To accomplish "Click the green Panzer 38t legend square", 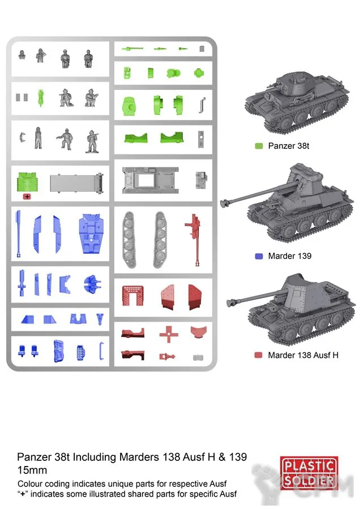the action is pos(259,146).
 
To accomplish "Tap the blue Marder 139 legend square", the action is pos(259,256).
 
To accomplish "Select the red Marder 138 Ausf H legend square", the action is pos(258,355).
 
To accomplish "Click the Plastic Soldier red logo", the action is pos(309,473).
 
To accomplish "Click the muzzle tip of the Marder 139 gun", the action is pos(223,204).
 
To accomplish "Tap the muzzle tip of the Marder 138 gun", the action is pos(229,303).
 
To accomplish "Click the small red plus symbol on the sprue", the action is pos(27,196).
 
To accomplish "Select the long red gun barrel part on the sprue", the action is pos(196,240).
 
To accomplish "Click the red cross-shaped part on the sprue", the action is pos(169,334).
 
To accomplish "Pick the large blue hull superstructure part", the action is pos(91,234).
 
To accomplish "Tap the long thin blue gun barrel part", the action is pos(19,234).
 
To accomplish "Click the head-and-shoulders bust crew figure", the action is pos(22,55).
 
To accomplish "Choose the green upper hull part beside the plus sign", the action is pos(27,183).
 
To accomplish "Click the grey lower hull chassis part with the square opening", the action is pos(151,180).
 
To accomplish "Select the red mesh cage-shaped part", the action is pos(132,295).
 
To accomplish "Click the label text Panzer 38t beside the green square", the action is pos(289,146).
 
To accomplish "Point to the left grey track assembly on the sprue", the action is pos(128,240).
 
